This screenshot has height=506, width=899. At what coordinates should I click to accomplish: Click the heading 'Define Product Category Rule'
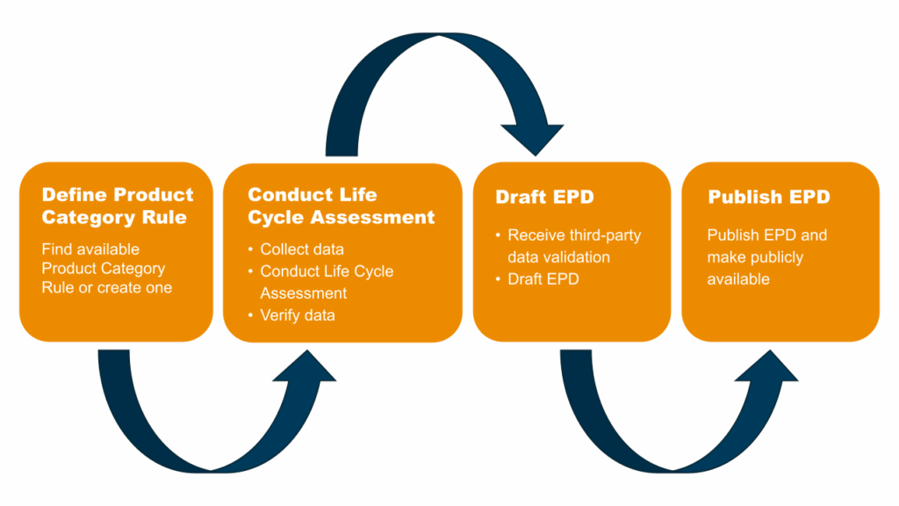[118, 206]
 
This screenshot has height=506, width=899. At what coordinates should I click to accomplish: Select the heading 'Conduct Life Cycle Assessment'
[342, 206]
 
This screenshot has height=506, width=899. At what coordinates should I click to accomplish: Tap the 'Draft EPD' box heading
[544, 197]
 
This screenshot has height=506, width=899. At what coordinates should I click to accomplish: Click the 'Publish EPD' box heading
[769, 197]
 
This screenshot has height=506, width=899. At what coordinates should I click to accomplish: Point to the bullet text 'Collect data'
[302, 249]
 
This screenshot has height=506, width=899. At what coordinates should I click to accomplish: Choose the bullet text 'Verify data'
[298, 315]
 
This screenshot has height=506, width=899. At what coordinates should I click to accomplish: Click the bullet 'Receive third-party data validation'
[574, 246]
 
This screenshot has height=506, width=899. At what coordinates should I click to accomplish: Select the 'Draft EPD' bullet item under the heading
[543, 279]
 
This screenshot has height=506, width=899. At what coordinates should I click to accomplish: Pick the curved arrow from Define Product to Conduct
[211, 469]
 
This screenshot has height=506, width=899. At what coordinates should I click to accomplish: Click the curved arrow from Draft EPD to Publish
[673, 469]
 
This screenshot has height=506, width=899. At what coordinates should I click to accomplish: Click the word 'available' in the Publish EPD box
[738, 279]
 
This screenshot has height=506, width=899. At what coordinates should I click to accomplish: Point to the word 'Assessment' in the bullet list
[303, 293]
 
